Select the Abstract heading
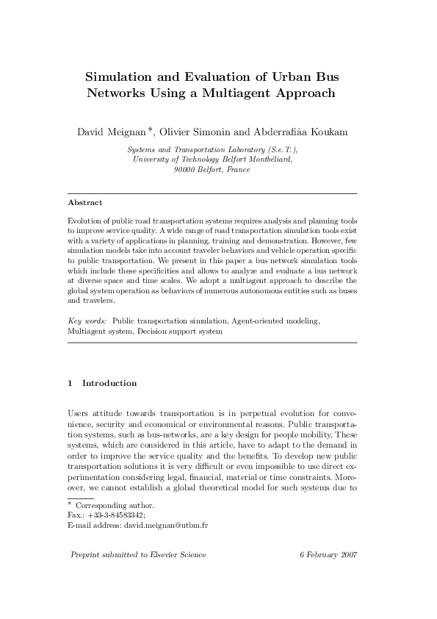(x=84, y=202)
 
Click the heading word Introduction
(x=109, y=383)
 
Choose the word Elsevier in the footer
(x=166, y=554)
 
